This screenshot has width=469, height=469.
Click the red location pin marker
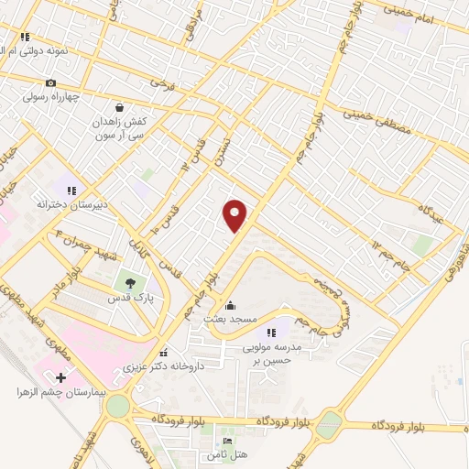coord(235,214)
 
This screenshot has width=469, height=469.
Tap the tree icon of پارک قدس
coord(128,283)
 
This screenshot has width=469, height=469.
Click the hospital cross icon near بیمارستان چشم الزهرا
coord(61,376)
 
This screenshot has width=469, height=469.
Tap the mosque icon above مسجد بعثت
coord(230,305)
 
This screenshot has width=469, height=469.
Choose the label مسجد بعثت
coord(230,320)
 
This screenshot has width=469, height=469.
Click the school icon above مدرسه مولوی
coord(270,333)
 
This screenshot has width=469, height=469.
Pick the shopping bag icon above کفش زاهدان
coord(120,106)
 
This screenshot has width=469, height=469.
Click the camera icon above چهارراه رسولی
coord(49,82)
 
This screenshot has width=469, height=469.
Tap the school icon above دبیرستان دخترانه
coord(71,190)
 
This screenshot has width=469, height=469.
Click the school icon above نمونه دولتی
coord(25,38)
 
